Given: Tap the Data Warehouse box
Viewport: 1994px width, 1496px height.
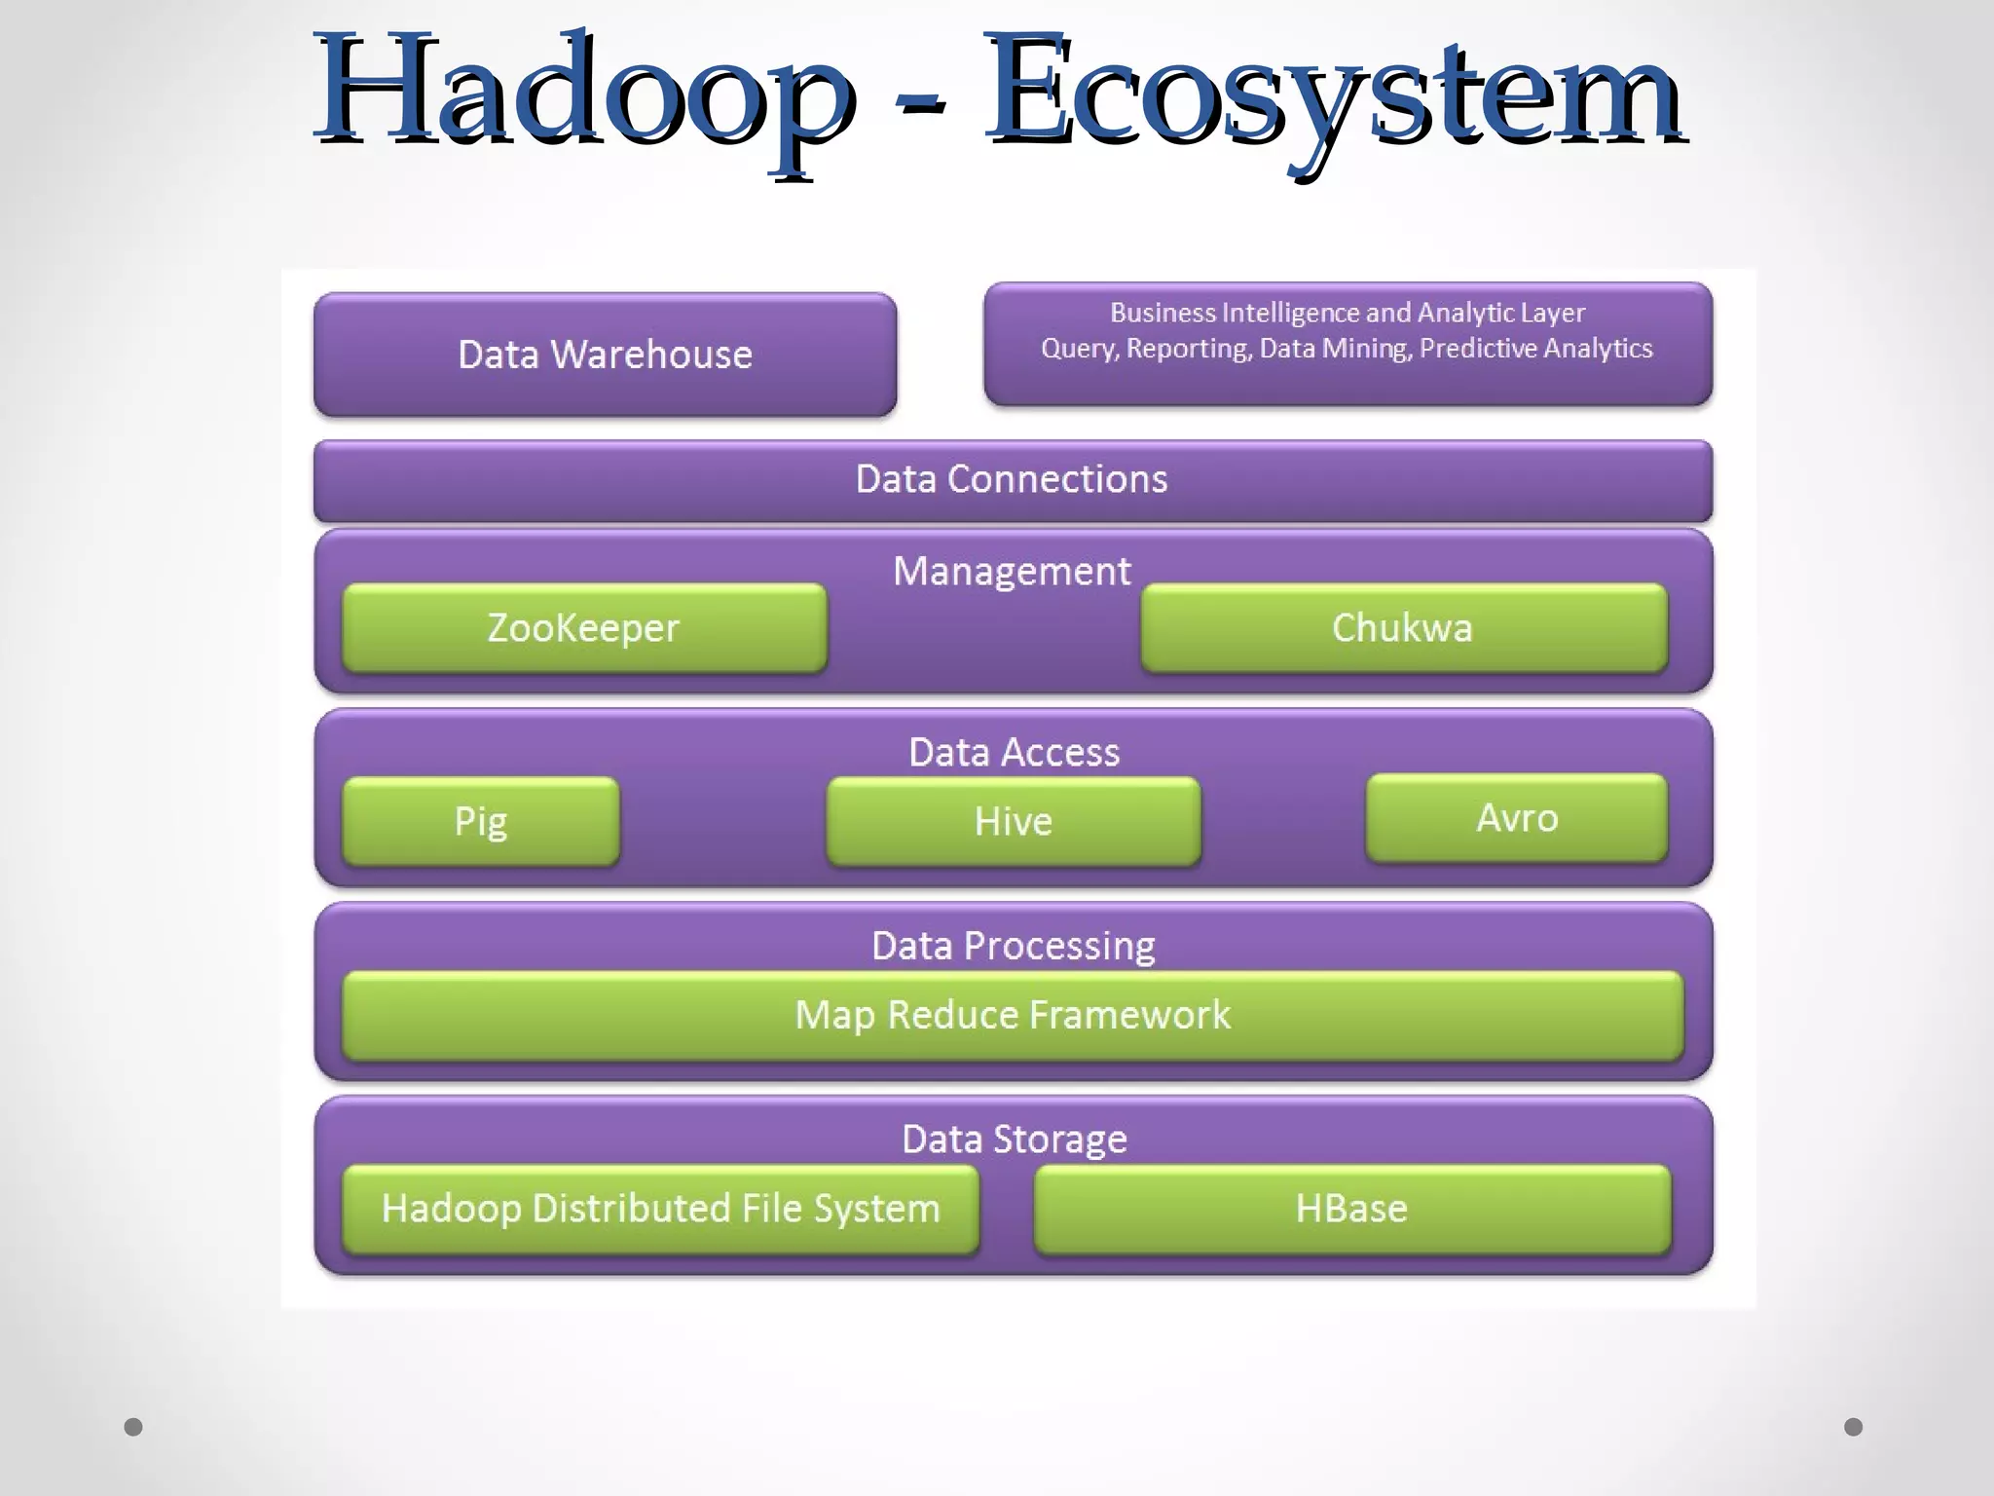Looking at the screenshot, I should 605,355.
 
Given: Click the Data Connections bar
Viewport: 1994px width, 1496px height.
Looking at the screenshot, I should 1013,479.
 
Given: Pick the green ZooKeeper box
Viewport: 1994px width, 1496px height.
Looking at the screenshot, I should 583,628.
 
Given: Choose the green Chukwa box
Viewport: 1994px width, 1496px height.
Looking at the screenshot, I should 1403,628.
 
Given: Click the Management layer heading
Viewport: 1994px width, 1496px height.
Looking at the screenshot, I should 1012,571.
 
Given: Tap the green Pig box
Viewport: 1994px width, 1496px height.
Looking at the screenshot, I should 481,821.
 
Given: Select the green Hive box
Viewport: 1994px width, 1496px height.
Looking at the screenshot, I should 1014,821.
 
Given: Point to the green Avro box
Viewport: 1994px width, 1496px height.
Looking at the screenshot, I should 1517,818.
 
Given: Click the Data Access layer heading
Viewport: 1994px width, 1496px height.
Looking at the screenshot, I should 1014,752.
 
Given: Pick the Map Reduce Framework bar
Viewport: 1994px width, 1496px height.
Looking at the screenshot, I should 1013,1015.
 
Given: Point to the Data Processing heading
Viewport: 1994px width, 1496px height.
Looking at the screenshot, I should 1013,946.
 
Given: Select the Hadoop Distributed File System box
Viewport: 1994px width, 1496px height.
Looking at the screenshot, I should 660,1209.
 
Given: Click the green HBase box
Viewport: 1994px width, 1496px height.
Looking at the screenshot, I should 1351,1209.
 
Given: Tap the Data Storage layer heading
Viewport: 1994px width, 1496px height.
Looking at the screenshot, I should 1014,1139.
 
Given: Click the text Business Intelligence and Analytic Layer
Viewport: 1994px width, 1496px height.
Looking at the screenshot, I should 1348,313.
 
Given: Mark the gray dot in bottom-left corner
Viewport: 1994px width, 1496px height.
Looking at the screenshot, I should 133,1427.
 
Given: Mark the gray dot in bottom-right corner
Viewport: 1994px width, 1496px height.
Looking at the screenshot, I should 1853,1427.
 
